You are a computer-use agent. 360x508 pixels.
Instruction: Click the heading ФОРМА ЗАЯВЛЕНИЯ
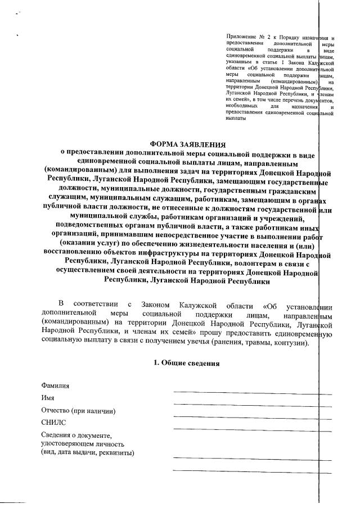185,144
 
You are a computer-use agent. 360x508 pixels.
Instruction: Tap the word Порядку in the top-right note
287,37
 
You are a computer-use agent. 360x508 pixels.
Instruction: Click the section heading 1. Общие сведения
187,363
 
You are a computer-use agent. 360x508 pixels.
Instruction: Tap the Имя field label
48,398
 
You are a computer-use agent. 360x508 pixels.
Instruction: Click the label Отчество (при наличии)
79,411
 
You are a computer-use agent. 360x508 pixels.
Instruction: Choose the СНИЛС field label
53,423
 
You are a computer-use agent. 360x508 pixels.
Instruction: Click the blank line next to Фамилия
245,391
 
